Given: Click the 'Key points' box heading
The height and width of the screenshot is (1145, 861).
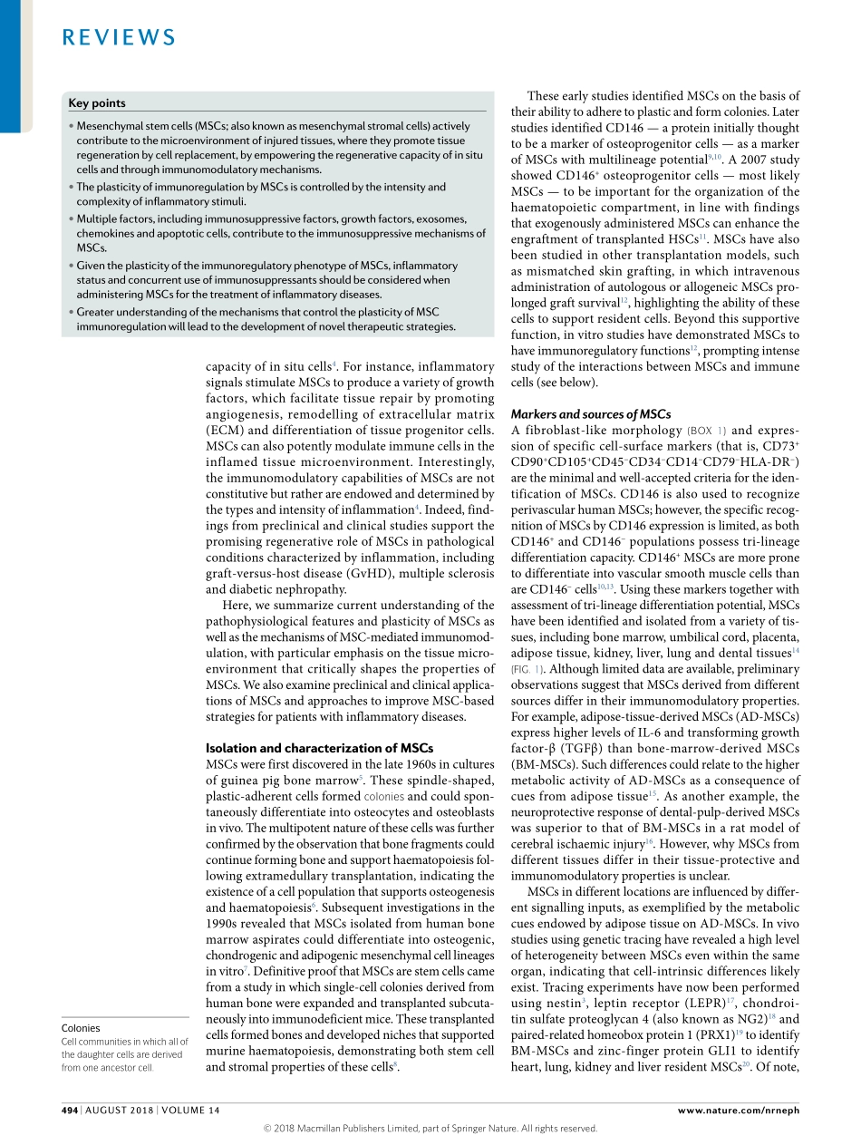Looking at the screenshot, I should (97, 103).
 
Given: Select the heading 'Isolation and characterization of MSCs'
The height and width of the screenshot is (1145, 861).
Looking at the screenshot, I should (320, 748).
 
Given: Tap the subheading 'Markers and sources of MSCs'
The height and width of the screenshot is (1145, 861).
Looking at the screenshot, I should (590, 414).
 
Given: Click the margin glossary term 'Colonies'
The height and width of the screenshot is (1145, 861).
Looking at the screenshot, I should (81, 1028).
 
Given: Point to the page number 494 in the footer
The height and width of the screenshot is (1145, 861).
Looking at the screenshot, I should (70, 1111).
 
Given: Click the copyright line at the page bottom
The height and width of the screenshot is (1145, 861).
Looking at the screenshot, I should (430, 1129).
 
